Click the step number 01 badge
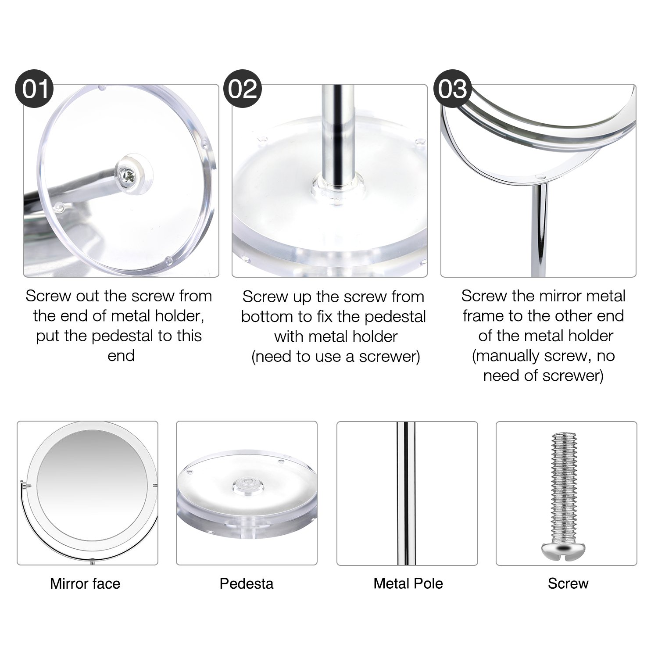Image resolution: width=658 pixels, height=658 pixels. [x=35, y=89]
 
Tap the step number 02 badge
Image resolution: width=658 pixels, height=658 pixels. [x=243, y=89]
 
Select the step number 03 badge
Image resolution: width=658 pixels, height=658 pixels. [x=452, y=89]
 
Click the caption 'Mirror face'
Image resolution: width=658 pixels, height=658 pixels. [x=85, y=583]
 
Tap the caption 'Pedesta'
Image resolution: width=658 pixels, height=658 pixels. [x=247, y=583]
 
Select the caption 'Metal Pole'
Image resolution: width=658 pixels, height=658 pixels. [x=408, y=583]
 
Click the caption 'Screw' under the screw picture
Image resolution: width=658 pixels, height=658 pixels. [x=568, y=583]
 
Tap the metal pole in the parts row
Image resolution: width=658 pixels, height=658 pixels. [x=406, y=491]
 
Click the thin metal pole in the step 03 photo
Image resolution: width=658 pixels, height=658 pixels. [x=540, y=228]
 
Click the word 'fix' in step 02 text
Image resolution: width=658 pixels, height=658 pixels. [x=325, y=316]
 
